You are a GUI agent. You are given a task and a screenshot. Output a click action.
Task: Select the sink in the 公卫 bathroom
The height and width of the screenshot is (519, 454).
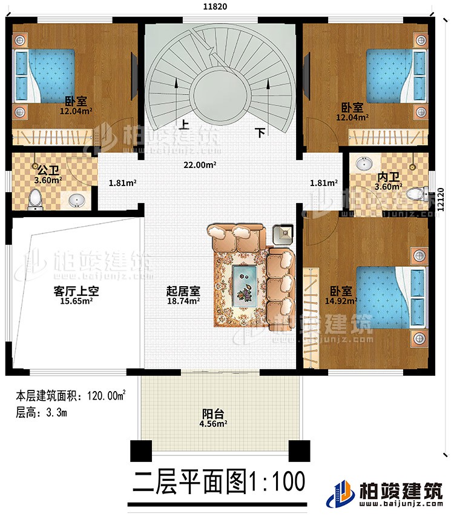[77, 200]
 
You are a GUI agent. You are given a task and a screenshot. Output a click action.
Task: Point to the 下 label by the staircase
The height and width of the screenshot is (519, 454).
[260, 132]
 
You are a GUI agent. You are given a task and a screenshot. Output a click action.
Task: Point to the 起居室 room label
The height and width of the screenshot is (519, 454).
[180, 290]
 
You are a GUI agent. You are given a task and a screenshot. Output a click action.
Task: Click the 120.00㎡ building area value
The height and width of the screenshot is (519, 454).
[108, 397]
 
